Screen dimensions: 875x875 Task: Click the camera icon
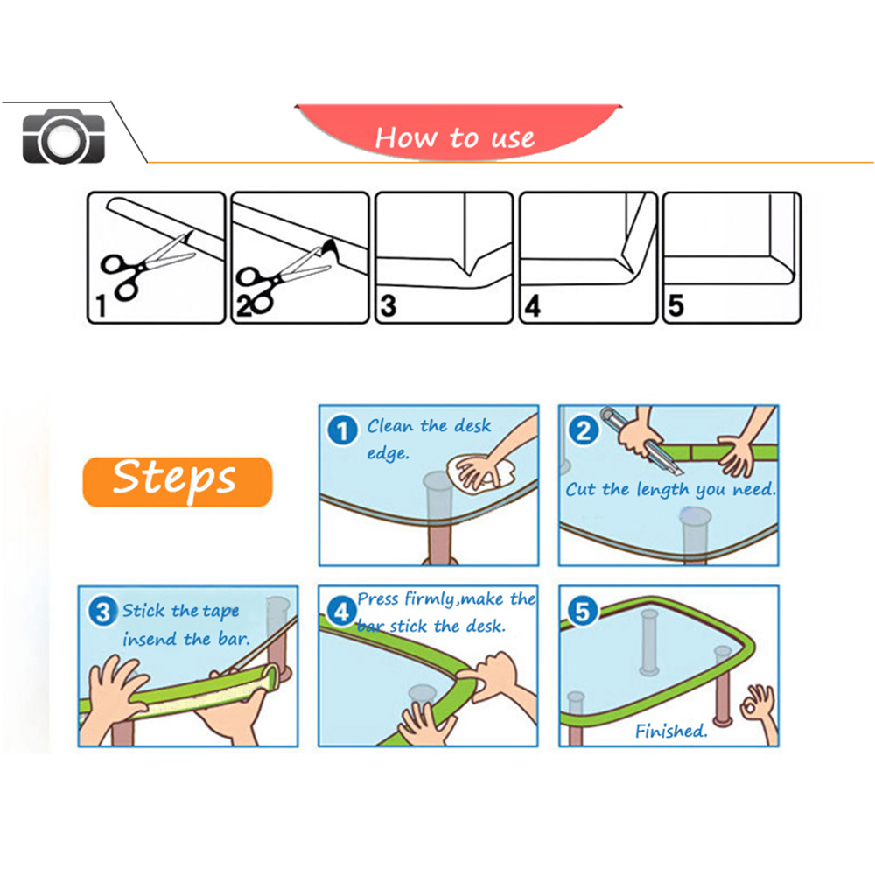click(63, 137)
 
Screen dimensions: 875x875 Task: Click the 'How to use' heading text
click(454, 137)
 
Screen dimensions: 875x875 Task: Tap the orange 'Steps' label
click(177, 480)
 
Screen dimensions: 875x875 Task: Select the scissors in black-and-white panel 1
click(131, 267)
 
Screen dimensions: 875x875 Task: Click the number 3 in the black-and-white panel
click(388, 307)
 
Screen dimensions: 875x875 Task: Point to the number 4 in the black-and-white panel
click(532, 307)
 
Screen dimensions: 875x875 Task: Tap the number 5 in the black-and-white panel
click(675, 307)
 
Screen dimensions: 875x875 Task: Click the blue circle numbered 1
click(342, 430)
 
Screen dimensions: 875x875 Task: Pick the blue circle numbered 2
click(584, 430)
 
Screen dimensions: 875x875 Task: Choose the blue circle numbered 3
click(103, 612)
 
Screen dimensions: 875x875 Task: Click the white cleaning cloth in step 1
click(481, 473)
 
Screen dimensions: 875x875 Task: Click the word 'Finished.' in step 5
click(671, 731)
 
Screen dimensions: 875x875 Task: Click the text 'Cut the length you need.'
click(670, 490)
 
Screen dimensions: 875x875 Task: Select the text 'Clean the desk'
click(429, 426)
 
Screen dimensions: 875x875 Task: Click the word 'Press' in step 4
click(378, 599)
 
